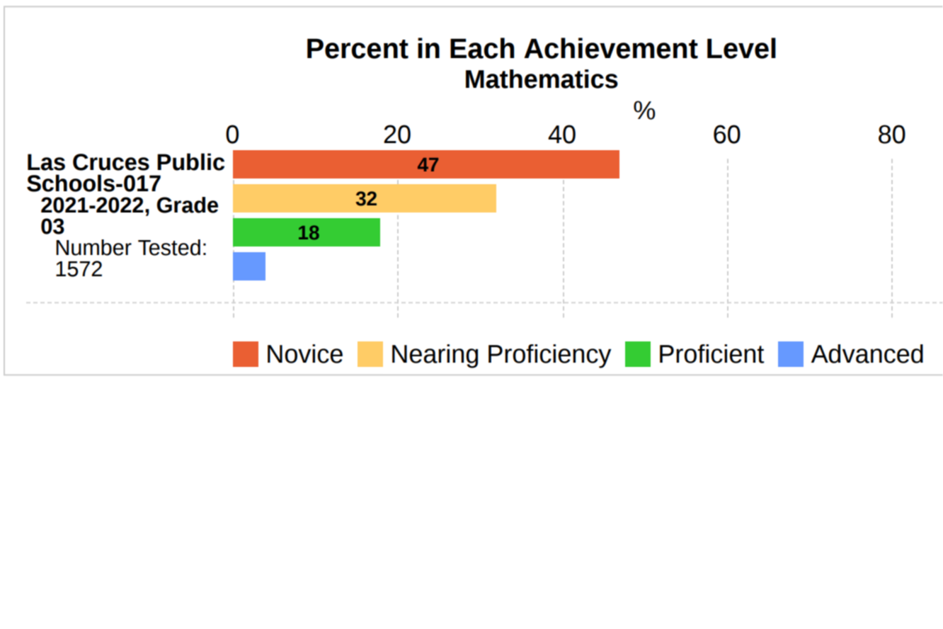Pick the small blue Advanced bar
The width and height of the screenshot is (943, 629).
tap(249, 266)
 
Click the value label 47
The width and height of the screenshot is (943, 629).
tap(428, 165)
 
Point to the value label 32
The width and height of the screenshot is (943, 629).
tap(366, 199)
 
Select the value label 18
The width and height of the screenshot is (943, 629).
tap(309, 233)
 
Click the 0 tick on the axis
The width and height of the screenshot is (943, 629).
tap(232, 135)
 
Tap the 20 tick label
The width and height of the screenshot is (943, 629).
tap(397, 135)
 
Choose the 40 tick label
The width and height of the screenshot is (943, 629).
tap(562, 135)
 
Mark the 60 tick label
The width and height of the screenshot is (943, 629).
tap(727, 135)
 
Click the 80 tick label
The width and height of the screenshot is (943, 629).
tap(892, 135)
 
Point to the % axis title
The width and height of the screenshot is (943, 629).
tap(644, 110)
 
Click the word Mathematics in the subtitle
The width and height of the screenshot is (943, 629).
tap(541, 79)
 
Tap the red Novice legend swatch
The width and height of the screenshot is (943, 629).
tap(246, 354)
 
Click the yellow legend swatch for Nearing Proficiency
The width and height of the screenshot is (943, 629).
tap(370, 354)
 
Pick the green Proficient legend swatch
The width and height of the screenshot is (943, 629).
tap(638, 354)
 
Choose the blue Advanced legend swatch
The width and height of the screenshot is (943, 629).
tap(791, 354)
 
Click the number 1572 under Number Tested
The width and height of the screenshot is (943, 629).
tap(79, 269)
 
